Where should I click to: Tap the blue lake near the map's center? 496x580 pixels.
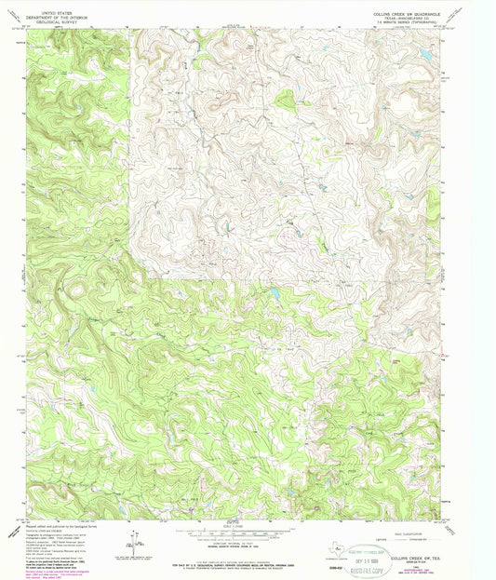[x=276, y=296]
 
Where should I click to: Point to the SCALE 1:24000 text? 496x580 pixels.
[x=248, y=526]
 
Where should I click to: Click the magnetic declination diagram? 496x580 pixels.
[x=136, y=538]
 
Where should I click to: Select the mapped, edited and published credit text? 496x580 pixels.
[x=56, y=527]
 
